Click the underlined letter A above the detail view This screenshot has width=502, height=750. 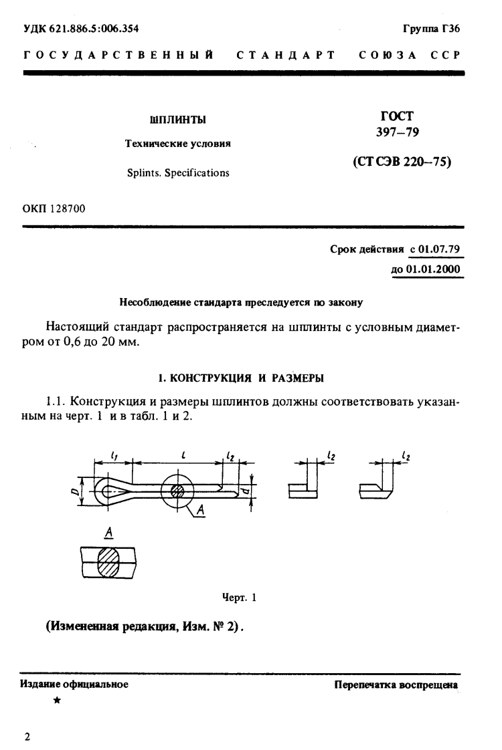point(107,533)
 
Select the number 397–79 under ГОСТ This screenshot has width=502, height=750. point(398,133)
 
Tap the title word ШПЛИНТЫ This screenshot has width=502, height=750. point(177,120)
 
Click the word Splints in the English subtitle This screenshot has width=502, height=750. point(141,172)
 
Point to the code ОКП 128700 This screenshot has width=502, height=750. point(54,209)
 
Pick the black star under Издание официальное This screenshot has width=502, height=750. point(56,701)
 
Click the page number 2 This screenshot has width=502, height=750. point(27,737)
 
